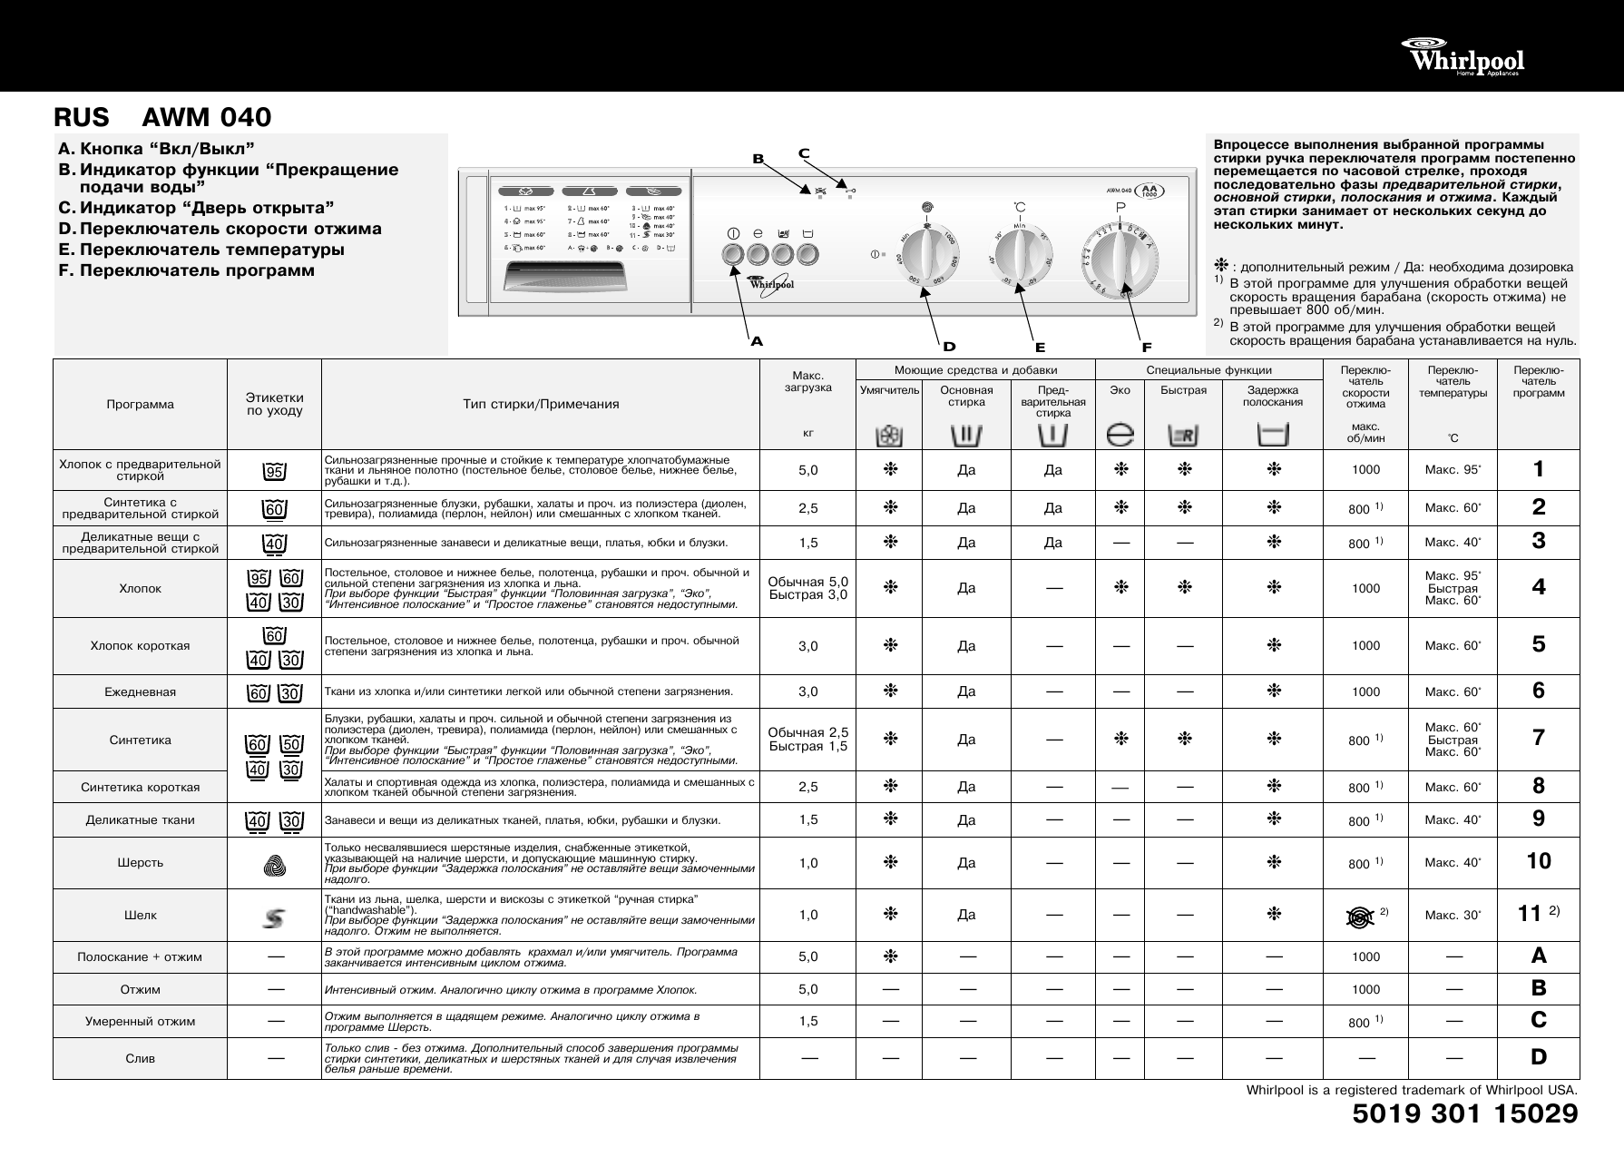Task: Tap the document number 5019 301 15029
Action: coord(1465,1113)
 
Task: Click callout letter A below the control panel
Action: coord(757,342)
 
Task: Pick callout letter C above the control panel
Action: coord(804,152)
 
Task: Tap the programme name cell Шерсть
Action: coord(141,863)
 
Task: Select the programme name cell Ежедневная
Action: coord(141,692)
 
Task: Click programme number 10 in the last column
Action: coord(1539,861)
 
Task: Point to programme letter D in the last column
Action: coord(1539,1057)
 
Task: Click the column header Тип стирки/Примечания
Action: coord(541,404)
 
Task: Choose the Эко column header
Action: coord(1120,390)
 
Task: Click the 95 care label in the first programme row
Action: coord(274,471)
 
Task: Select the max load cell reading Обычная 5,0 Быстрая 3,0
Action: coord(808,588)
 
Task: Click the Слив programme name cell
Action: coord(141,1058)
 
